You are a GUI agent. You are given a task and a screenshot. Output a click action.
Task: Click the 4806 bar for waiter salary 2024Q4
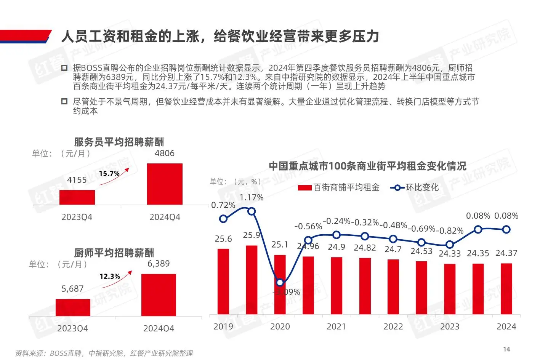(165, 184)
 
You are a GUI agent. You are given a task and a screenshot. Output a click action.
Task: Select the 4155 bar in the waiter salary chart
(77, 197)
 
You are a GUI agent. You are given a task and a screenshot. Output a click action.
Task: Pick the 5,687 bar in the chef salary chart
(73, 307)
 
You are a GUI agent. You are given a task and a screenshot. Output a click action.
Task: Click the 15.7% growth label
(109, 174)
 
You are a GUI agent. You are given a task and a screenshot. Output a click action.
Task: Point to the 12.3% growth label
(110, 277)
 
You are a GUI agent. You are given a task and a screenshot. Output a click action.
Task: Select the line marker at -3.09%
(280, 282)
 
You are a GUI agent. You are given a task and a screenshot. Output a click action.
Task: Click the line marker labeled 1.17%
(252, 211)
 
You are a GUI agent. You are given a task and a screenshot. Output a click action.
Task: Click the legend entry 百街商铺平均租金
(339, 187)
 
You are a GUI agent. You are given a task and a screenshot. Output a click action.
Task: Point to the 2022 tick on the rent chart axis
(393, 326)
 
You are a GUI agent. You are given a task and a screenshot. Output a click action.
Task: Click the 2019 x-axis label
(223, 326)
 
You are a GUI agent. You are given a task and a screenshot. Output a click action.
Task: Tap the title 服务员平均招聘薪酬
(119, 142)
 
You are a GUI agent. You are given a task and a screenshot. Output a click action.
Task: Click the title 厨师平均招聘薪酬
(114, 253)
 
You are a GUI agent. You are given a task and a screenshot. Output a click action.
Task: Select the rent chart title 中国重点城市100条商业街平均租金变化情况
(367, 166)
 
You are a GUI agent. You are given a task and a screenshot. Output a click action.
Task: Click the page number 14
(506, 349)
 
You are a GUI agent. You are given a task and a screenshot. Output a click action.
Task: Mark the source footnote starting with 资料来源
(104, 353)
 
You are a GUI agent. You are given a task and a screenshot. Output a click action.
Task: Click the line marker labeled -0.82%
(450, 244)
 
